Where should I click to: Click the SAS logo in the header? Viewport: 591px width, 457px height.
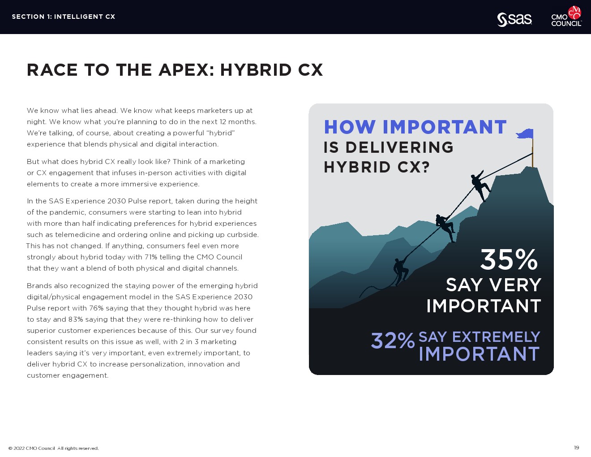514,20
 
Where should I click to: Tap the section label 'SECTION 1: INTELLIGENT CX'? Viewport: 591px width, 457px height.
64,17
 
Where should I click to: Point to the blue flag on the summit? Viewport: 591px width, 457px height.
525,134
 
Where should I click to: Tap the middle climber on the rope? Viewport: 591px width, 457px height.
445,228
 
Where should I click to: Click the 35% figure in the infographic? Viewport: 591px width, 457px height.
509,260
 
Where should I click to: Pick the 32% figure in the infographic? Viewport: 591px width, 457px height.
393,341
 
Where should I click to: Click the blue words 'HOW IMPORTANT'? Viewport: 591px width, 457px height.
415,127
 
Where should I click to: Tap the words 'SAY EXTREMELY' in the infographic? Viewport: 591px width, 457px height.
479,336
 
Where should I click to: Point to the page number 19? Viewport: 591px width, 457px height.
576,448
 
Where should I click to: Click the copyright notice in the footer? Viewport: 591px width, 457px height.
54,448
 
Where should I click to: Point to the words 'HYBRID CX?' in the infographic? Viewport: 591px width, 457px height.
377,167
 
